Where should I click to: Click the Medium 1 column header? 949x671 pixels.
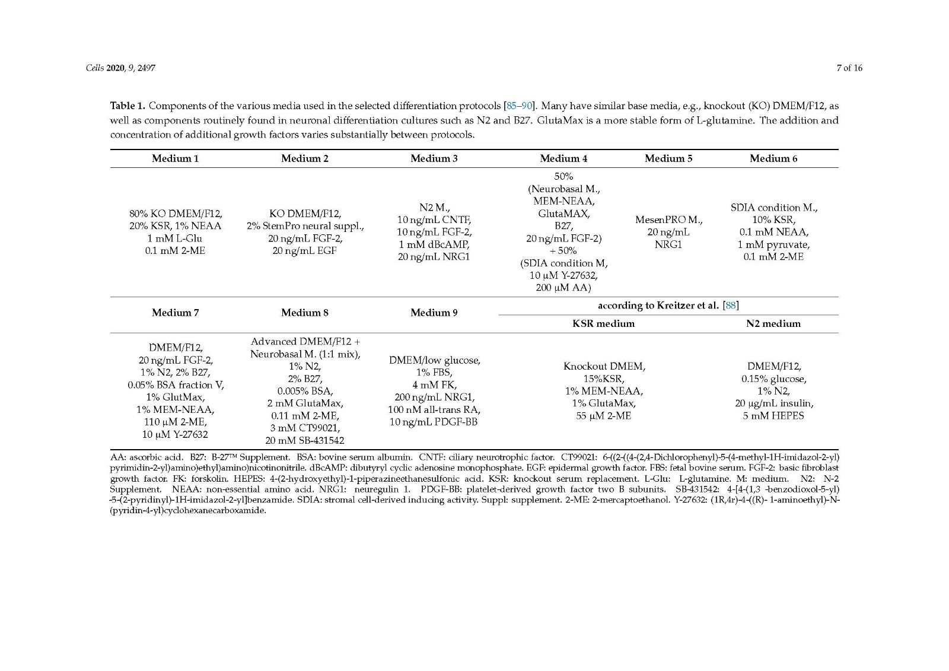pyautogui.click(x=175, y=158)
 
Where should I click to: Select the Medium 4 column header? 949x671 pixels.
pyautogui.click(x=563, y=158)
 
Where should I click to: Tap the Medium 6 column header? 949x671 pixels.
pyautogui.click(x=773, y=158)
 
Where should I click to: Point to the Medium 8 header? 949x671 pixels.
pyautogui.click(x=304, y=313)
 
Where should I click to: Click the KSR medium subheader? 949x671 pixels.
pyautogui.click(x=603, y=323)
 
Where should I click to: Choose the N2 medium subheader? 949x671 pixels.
pyautogui.click(x=773, y=323)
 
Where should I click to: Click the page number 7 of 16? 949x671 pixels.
pyautogui.click(x=849, y=68)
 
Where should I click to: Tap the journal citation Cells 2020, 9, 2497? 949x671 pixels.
pyautogui.click(x=120, y=68)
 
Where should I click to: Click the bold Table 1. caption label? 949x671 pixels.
pyautogui.click(x=128, y=106)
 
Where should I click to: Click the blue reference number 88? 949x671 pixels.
pyautogui.click(x=731, y=306)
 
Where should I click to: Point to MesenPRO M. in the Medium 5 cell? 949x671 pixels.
pyautogui.click(x=668, y=220)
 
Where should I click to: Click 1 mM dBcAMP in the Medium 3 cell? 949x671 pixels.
pyautogui.click(x=434, y=244)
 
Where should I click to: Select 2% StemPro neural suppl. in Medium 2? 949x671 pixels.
pyautogui.click(x=305, y=226)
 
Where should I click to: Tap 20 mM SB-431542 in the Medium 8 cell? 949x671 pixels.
pyautogui.click(x=305, y=440)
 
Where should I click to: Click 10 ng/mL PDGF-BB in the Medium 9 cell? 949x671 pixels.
pyautogui.click(x=434, y=422)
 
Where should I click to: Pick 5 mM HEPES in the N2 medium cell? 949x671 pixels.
pyautogui.click(x=773, y=415)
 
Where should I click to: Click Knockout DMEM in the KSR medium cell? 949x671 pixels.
pyautogui.click(x=604, y=366)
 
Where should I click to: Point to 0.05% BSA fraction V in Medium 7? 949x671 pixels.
pyautogui.click(x=176, y=384)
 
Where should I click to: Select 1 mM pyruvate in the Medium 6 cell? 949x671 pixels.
pyautogui.click(x=773, y=244)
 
